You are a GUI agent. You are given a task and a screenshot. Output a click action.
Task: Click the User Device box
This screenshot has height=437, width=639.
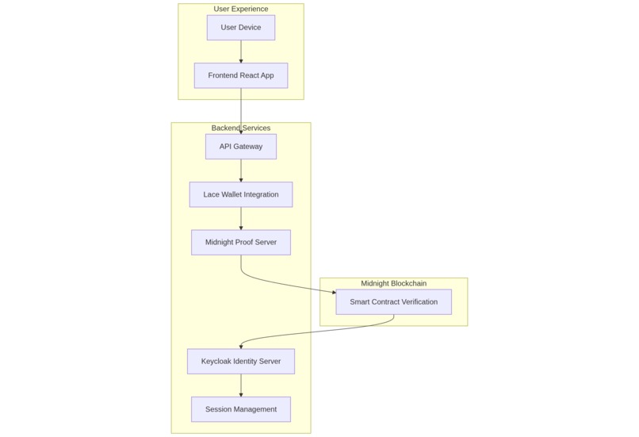(x=240, y=28)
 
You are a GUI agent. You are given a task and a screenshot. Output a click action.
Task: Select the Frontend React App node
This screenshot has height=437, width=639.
(x=240, y=75)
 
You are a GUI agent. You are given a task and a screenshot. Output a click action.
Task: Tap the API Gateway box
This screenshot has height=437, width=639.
(x=240, y=147)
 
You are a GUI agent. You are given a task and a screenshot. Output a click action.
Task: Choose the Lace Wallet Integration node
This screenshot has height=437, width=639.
(x=240, y=194)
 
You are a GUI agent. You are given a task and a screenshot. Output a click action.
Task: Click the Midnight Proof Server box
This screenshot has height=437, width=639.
(x=240, y=242)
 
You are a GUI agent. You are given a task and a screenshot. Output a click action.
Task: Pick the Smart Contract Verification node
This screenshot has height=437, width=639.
(x=393, y=301)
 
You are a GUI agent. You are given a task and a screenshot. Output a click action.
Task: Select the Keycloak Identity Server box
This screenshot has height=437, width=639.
(x=240, y=362)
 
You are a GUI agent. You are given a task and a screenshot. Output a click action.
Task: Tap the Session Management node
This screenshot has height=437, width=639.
(x=240, y=409)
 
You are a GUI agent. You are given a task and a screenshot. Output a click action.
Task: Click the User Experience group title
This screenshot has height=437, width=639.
(x=240, y=9)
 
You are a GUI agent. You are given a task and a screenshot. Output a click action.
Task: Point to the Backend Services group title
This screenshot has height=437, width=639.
(x=240, y=128)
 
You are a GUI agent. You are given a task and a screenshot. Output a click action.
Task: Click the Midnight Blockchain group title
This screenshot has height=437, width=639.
(x=393, y=283)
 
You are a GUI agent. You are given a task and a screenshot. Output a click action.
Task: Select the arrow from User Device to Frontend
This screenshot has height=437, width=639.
(x=240, y=52)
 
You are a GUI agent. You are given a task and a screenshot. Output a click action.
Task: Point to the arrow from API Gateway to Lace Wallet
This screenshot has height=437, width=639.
(x=240, y=171)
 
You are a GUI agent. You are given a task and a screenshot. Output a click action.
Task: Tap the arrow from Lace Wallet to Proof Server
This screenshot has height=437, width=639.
(x=240, y=218)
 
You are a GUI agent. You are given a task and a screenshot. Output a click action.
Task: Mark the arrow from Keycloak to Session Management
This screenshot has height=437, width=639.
(x=240, y=385)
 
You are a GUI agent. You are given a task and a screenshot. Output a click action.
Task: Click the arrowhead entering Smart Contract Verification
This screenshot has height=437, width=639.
(x=333, y=293)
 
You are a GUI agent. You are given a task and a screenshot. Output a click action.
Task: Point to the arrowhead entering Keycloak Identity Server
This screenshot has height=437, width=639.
(x=241, y=346)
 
